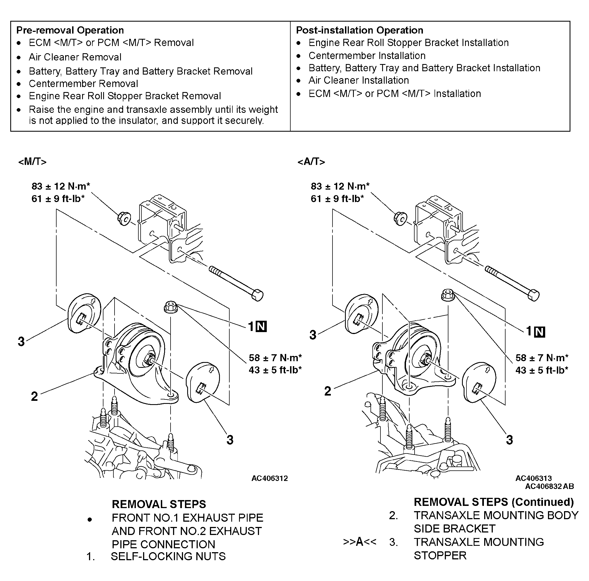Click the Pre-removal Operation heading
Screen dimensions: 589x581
click(x=70, y=30)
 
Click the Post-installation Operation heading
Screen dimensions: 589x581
click(x=360, y=30)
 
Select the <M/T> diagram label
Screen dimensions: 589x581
click(x=32, y=162)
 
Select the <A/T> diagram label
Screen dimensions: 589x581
click(x=311, y=162)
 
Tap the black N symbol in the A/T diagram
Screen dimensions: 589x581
click(x=540, y=332)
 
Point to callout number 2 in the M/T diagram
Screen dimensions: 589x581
click(x=34, y=396)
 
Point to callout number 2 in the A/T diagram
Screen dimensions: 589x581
click(x=328, y=391)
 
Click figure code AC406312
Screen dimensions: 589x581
click(x=270, y=478)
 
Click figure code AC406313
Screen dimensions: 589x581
click(x=534, y=478)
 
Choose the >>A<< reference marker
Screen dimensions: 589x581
click(x=360, y=542)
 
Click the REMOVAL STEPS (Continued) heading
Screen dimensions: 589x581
click(x=494, y=502)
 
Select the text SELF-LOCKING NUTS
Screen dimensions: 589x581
click(x=168, y=556)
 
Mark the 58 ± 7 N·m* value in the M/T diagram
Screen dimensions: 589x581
click(x=275, y=358)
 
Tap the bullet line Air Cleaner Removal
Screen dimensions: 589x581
click(x=75, y=57)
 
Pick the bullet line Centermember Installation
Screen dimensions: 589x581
click(x=367, y=55)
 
